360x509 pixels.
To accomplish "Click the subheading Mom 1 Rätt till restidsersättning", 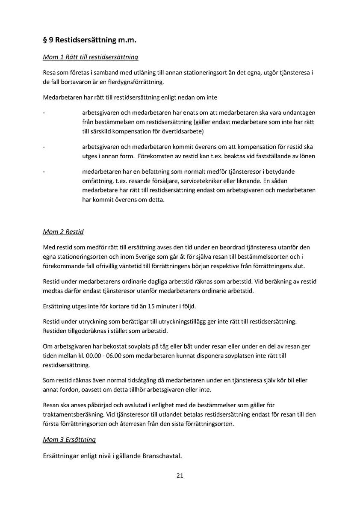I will pos(90,57).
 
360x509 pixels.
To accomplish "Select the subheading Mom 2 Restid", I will pos(63,232).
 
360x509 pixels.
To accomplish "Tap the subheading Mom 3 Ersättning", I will pos(69,439).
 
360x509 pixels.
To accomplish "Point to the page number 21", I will pos(180,475).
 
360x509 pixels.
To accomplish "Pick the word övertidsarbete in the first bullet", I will pos(185,131).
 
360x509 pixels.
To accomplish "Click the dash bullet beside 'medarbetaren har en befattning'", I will pos(44,172).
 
